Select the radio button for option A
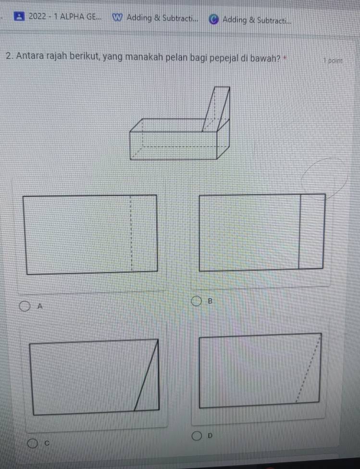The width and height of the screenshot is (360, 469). pos(25,306)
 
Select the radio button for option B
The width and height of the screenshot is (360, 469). pos(196,301)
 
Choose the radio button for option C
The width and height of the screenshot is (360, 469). pos(33,444)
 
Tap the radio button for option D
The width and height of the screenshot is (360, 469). pos(197,436)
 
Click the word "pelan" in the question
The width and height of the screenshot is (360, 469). pos(177,57)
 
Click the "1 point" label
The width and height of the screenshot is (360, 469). pos(333,61)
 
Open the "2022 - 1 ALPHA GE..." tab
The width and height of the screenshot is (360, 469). pos(58,16)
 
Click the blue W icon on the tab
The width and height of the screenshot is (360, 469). pos(117,18)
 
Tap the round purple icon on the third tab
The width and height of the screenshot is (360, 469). pos(213,19)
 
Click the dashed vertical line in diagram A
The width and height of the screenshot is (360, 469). pos(131,234)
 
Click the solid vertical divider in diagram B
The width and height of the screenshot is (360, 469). pos(299,231)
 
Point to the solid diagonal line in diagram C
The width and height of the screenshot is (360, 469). pos(146,375)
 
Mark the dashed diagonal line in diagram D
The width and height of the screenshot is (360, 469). pos(308,369)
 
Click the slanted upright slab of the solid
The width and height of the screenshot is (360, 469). pos(216,109)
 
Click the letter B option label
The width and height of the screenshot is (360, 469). pos(210,301)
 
